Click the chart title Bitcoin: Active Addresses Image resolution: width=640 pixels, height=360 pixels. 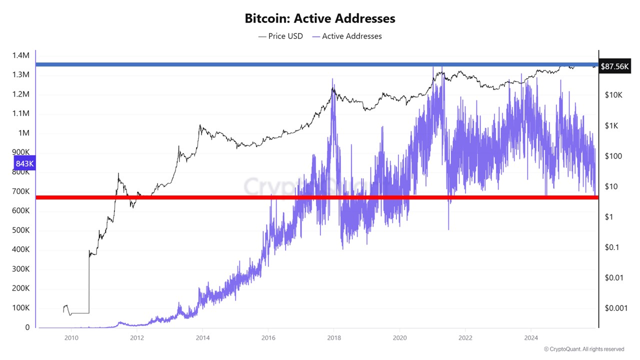tap(320, 18)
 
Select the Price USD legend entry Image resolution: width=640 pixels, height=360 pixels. tap(280, 36)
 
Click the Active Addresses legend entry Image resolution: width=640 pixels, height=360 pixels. tap(346, 36)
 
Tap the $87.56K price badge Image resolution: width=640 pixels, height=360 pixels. tap(614, 66)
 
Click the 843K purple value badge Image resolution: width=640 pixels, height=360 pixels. tap(24, 163)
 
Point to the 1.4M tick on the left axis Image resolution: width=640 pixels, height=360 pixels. tap(20, 55)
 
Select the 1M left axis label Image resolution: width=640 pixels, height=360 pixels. tap(24, 133)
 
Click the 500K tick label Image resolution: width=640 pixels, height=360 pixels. tap(20, 230)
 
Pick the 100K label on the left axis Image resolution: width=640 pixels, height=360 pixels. tap(20, 308)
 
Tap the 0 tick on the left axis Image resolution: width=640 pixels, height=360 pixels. tap(27, 327)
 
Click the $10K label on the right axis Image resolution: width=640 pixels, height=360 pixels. tap(612, 95)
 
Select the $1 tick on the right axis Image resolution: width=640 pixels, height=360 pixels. tap(609, 217)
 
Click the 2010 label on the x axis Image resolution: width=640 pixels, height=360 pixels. tap(71, 337)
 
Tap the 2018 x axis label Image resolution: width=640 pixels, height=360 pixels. tap(333, 337)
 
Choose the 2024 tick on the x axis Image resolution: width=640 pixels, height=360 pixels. tap(531, 337)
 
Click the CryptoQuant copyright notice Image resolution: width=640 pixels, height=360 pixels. tap(583, 349)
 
